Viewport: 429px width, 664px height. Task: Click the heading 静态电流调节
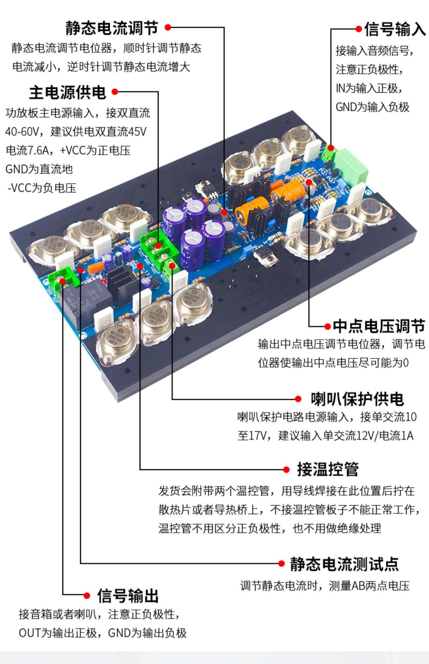tap(112, 28)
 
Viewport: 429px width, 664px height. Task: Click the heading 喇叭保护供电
tap(357, 399)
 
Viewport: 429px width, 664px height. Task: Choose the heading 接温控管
tap(328, 469)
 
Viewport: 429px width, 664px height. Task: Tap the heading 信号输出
tap(128, 596)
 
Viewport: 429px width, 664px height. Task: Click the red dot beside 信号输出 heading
tap(87, 596)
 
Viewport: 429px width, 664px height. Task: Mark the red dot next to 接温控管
tap(286, 470)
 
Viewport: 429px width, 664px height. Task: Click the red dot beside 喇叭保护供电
tap(298, 399)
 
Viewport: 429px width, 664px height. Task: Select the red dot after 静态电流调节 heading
tap(168, 27)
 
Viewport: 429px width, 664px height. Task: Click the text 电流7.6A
tap(27, 150)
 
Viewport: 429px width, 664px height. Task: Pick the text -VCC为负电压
tap(42, 188)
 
